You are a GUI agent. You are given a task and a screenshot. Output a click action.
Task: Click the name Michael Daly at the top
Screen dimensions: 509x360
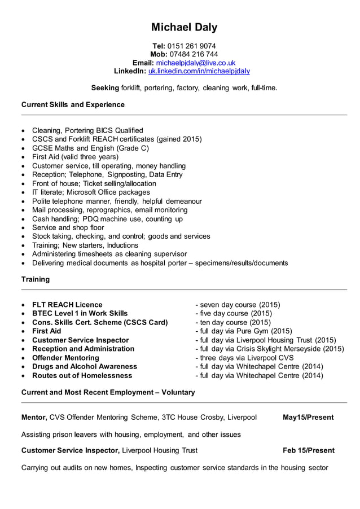click(x=184, y=27)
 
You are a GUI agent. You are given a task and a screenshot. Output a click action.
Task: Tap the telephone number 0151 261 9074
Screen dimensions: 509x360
click(x=191, y=46)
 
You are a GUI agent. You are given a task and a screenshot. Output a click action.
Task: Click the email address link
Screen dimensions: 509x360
click(x=195, y=63)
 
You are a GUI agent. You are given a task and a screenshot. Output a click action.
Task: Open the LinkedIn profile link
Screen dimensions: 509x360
click(x=199, y=71)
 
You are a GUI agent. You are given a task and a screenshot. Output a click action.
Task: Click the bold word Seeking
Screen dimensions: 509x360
click(x=105, y=88)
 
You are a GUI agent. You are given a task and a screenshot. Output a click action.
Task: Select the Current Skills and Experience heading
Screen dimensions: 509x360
click(x=73, y=104)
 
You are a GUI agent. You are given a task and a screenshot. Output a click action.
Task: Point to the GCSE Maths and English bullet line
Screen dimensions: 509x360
click(x=90, y=148)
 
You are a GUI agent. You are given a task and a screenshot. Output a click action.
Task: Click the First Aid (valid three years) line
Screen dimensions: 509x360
click(x=75, y=157)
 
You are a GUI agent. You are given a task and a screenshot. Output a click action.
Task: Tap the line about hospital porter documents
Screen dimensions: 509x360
click(x=160, y=263)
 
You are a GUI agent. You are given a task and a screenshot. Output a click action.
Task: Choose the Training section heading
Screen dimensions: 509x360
click(x=36, y=279)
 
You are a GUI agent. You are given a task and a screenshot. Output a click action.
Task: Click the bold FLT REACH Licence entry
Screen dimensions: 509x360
click(x=67, y=305)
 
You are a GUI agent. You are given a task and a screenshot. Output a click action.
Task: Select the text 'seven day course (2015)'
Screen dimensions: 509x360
click(x=240, y=305)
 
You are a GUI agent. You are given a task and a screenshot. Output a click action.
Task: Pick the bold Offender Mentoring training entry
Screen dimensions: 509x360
click(x=65, y=358)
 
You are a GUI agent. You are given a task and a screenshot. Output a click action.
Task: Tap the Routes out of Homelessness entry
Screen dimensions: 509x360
click(x=82, y=375)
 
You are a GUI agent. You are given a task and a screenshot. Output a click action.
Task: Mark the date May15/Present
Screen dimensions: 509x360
click(x=308, y=418)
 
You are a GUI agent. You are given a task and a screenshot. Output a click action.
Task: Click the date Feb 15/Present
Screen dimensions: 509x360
click(x=309, y=450)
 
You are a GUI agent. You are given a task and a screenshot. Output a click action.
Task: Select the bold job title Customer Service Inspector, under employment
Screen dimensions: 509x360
click(x=70, y=450)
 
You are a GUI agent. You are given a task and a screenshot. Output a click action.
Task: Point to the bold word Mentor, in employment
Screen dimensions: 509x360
click(x=34, y=418)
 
